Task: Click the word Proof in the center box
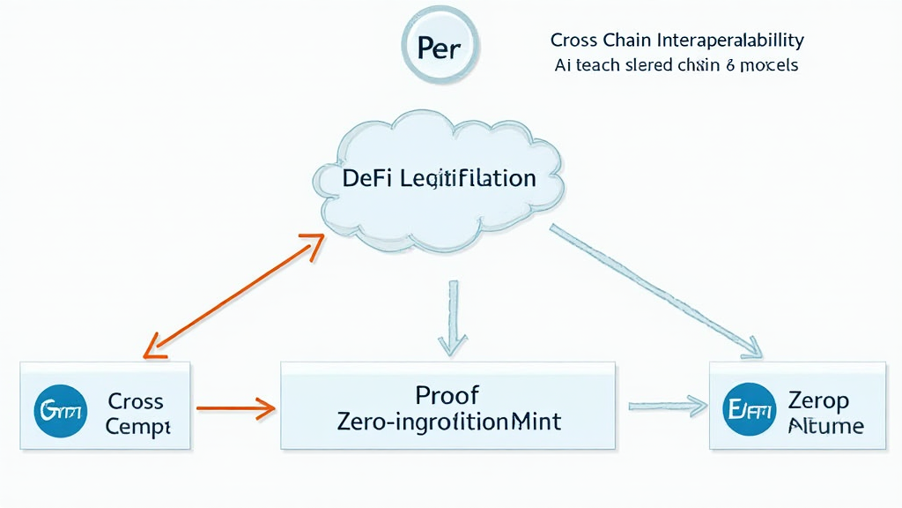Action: point(448,394)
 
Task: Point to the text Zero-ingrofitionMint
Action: point(448,422)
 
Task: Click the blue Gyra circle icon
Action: point(60,412)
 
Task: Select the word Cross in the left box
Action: point(135,401)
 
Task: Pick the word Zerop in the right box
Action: point(818,400)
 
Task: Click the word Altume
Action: point(825,426)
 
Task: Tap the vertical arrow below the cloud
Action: point(450,317)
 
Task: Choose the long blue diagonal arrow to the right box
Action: point(656,290)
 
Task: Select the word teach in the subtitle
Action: point(602,65)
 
